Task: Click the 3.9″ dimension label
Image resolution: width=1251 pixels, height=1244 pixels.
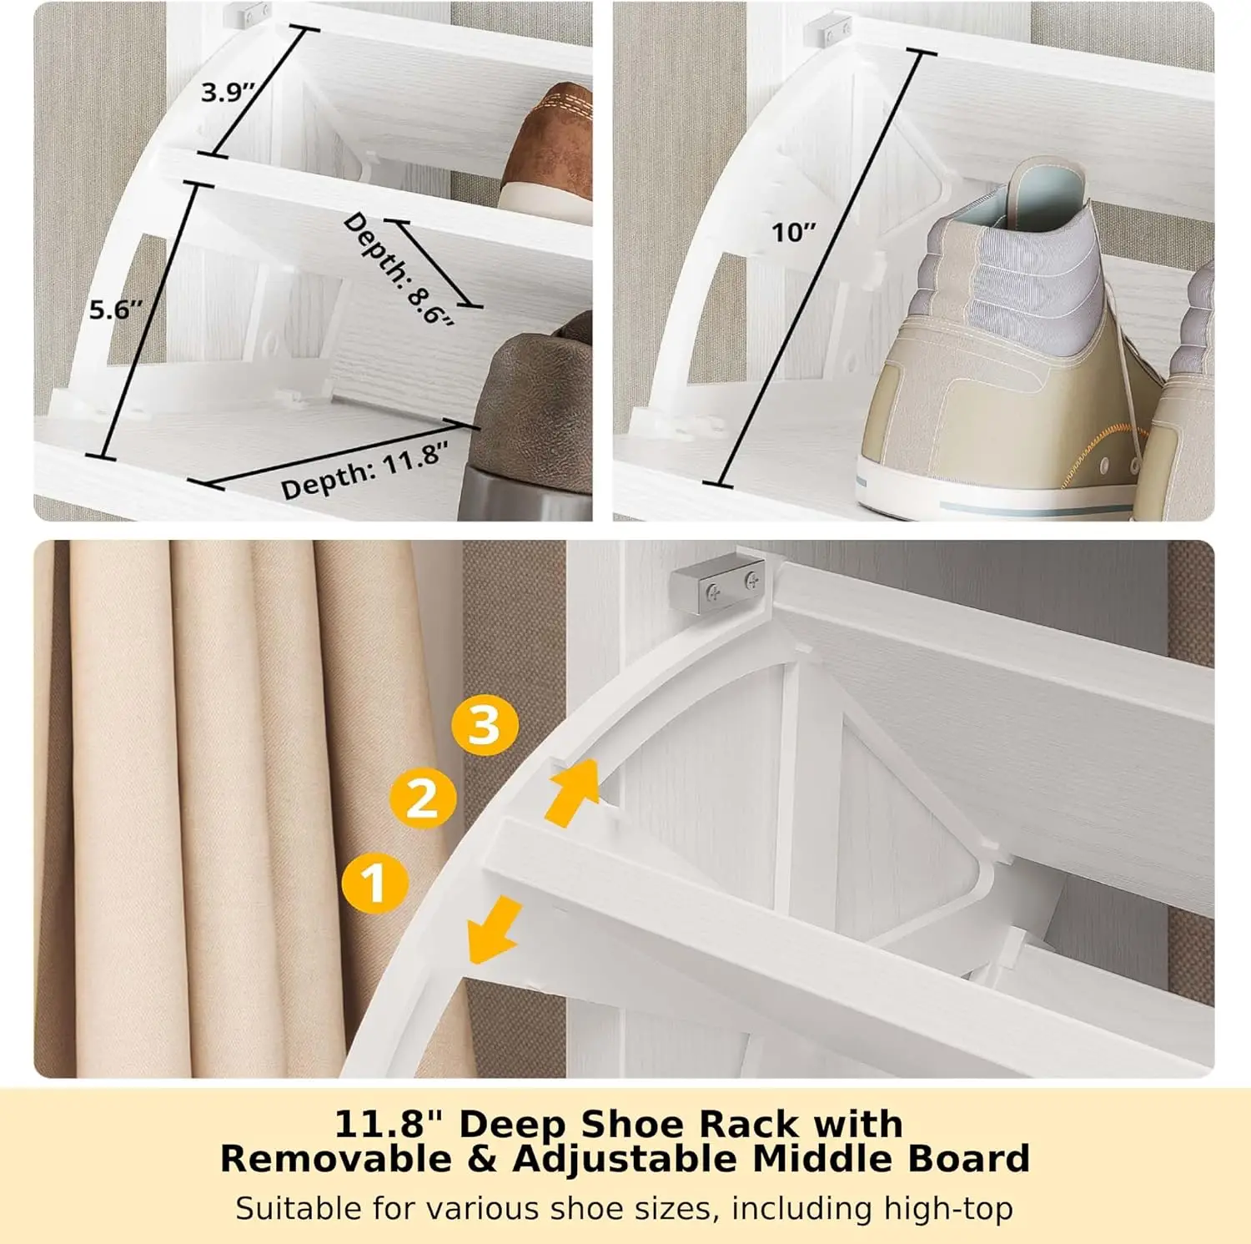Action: pos(227,91)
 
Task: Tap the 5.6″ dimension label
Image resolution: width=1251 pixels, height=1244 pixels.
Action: pos(116,310)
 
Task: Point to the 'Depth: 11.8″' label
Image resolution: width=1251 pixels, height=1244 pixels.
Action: pos(364,471)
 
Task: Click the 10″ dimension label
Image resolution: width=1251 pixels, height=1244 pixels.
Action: pos(793,232)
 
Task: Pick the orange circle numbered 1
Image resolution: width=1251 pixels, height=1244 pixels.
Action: pos(375,882)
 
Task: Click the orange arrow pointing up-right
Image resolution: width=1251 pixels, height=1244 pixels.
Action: pos(575,791)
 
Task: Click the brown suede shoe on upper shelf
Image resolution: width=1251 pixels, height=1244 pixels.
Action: pos(550,150)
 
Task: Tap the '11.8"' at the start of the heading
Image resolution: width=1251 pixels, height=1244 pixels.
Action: pos(388,1124)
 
